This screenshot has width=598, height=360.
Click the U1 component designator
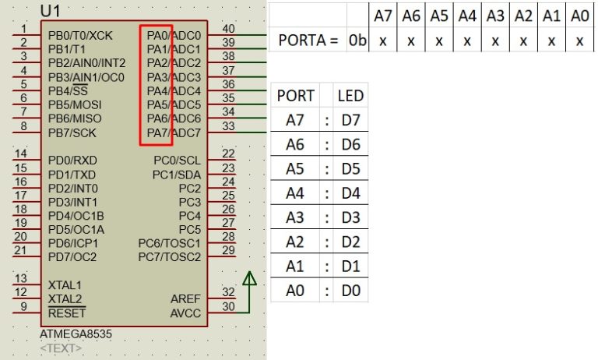coord(51,11)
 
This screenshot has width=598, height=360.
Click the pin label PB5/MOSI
coord(74,104)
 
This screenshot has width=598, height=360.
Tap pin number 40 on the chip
coord(229,29)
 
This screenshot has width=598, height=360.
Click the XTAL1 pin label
coord(65,285)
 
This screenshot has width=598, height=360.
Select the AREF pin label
coord(185,299)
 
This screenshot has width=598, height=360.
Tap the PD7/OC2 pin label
coord(72,257)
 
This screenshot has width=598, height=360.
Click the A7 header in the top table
coord(382,16)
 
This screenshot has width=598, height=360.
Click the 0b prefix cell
coord(357,41)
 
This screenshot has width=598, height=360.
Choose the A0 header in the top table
coord(579,16)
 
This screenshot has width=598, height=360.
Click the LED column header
coord(350,96)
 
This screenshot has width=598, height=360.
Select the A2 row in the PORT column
coord(295,242)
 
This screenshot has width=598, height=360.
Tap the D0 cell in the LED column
coord(350,291)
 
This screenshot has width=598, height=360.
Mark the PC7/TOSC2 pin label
coord(169,257)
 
